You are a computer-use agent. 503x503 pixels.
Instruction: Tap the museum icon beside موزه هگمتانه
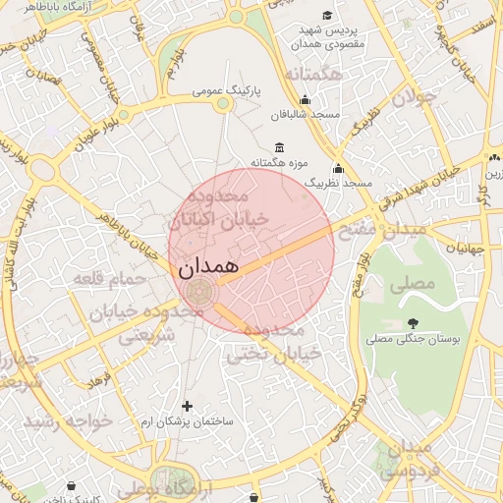281,147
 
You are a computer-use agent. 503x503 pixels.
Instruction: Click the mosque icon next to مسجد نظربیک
339,168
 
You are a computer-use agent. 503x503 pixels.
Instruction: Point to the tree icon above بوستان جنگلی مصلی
412,322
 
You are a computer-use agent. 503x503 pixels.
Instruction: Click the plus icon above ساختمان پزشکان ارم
187,405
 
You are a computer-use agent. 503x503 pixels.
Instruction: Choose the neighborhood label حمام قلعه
107,280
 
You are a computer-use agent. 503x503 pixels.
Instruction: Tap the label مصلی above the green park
411,285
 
